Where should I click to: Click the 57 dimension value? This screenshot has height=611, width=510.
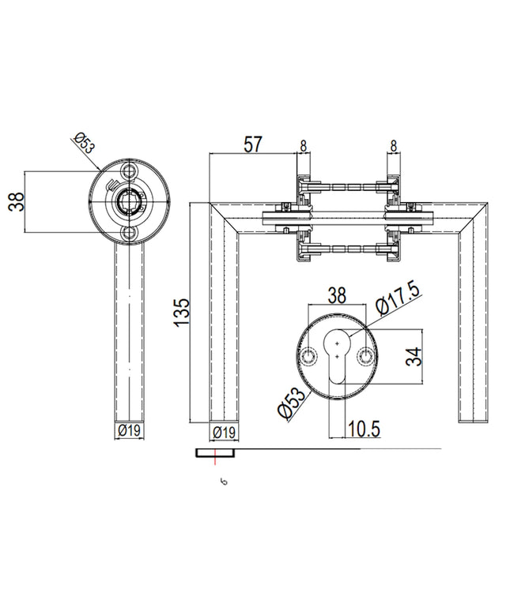click(253, 144)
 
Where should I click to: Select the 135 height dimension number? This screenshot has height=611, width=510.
click(181, 313)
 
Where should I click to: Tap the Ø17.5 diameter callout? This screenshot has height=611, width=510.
click(398, 298)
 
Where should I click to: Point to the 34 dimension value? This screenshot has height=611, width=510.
click(414, 356)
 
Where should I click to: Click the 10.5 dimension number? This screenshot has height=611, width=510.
click(363, 429)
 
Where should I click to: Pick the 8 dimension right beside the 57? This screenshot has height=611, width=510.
click(303, 146)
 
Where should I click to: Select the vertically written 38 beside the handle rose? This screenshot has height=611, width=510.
click(17, 202)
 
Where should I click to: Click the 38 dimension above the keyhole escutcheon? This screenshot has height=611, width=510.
click(337, 295)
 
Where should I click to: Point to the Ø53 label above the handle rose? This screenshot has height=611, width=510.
click(85, 143)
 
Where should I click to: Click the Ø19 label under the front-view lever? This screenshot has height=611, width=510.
click(129, 430)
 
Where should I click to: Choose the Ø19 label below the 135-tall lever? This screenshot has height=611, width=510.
click(225, 432)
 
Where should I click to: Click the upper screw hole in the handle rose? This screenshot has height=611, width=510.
click(128, 171)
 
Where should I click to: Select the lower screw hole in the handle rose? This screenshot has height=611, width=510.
click(128, 234)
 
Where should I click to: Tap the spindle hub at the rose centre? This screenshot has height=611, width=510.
click(128, 202)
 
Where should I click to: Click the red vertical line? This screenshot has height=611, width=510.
click(215, 456)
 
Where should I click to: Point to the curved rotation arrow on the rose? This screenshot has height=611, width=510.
click(112, 183)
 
